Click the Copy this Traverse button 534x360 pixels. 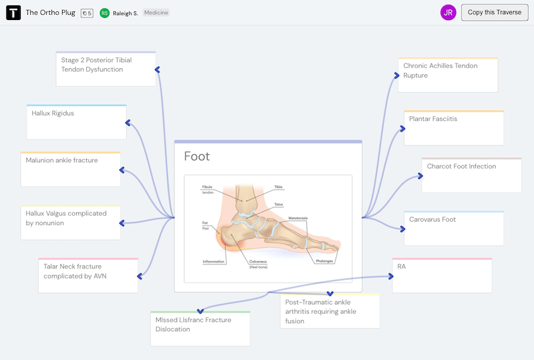point(495,12)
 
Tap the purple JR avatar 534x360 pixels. point(449,12)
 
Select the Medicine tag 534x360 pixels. point(156,13)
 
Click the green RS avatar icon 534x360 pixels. point(105,13)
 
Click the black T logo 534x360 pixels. point(13,13)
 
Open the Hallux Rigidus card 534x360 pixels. point(76,122)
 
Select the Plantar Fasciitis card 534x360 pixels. point(453,128)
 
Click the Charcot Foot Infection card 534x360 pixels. point(471,175)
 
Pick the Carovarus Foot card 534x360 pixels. point(454,228)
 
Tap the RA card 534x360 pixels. point(442,275)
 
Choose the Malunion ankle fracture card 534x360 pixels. point(70,169)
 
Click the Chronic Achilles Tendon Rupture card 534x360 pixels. point(448,74)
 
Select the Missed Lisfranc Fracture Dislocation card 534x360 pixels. point(200,328)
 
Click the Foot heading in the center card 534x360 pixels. point(197,156)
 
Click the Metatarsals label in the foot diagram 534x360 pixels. point(298,218)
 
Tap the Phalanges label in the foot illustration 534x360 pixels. point(324,260)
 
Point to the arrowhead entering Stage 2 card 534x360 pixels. point(158,69)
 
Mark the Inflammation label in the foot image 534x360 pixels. point(214,261)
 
